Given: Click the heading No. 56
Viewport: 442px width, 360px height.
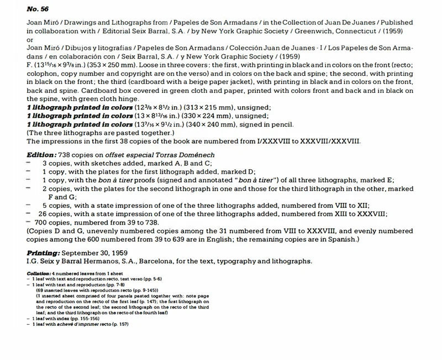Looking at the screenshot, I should click(38, 9).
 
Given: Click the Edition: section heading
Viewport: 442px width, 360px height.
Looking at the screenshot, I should click(43, 155).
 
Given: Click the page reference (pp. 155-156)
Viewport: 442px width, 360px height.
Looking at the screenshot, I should click(87, 319).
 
